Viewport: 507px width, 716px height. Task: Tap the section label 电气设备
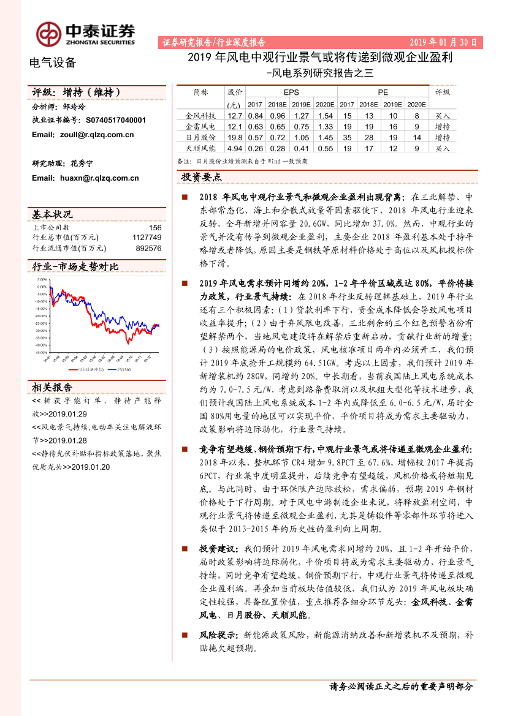(53, 62)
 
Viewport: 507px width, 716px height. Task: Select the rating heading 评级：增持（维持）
(76, 92)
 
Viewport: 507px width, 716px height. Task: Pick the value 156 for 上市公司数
(155, 227)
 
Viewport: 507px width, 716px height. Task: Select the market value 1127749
(147, 238)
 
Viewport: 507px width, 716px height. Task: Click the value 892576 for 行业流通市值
(148, 248)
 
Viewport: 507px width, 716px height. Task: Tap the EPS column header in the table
(291, 92)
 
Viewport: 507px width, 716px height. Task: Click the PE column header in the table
(383, 92)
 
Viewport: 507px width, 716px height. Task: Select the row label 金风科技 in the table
(200, 115)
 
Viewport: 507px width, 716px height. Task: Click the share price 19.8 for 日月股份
(235, 137)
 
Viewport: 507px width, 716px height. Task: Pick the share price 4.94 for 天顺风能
(235, 148)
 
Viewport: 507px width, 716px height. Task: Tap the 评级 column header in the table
(443, 92)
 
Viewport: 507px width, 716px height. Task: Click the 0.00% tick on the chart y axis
(42, 287)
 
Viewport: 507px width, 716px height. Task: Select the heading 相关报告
(52, 388)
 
